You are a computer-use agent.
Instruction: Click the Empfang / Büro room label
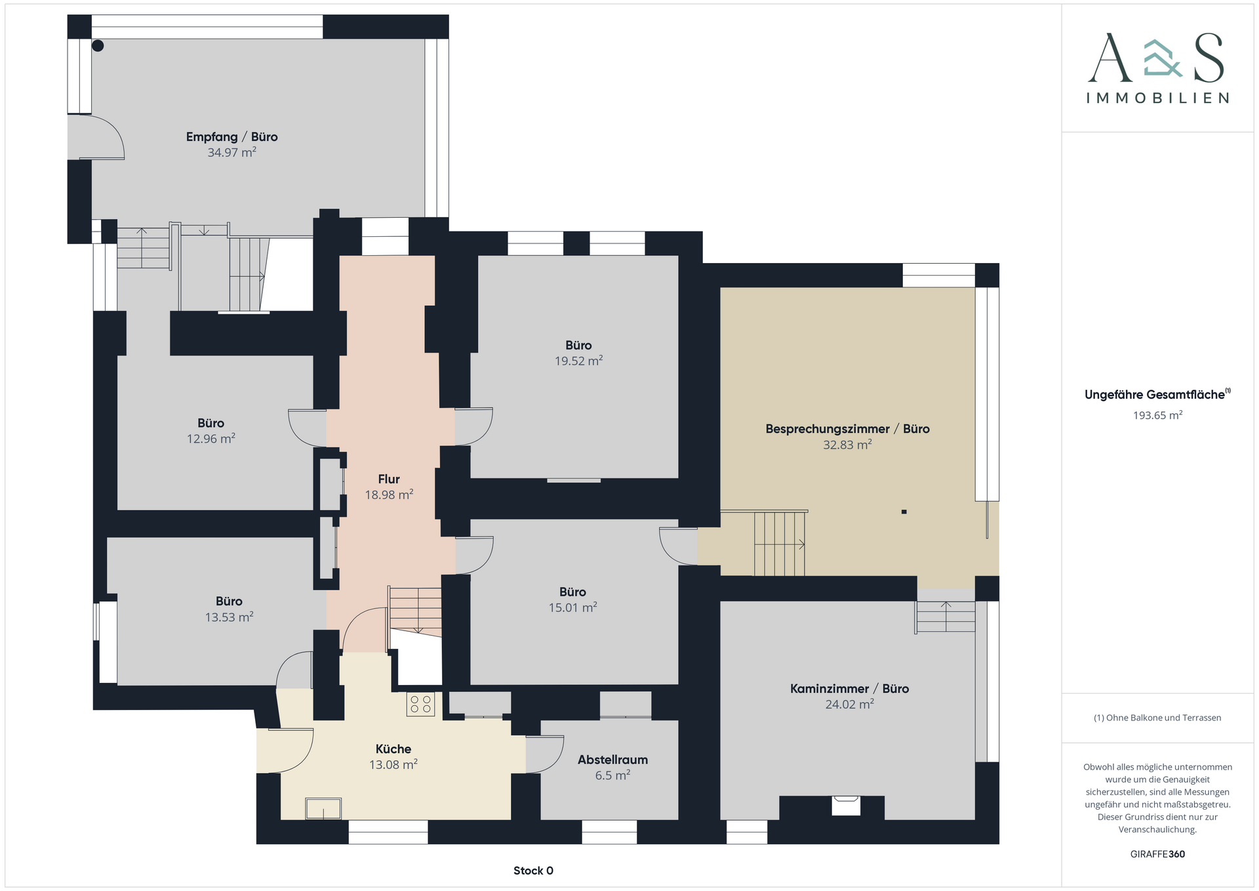pos(231,137)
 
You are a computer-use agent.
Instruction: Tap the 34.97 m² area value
pos(231,152)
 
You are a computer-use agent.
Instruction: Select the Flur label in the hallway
pos(389,479)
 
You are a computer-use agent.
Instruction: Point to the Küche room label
pos(393,749)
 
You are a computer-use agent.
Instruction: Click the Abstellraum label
pos(612,760)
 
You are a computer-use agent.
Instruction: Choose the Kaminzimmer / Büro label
pos(849,689)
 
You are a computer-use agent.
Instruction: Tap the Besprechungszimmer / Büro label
pos(847,429)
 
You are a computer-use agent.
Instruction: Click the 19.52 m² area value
pos(578,361)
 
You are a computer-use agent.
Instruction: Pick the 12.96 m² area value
pos(210,439)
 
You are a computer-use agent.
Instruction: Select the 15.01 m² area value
pos(572,608)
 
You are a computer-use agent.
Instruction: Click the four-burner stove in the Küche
pos(420,704)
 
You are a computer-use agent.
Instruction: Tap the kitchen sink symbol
pos(323,808)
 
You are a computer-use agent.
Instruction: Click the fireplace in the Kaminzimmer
pos(846,806)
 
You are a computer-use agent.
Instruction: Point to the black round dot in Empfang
pos(98,46)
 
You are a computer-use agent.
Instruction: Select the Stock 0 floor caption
pos(533,871)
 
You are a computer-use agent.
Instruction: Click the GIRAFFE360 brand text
pos(1157,854)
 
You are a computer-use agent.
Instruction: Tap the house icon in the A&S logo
pos(1162,58)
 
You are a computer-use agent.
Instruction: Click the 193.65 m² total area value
pos(1157,415)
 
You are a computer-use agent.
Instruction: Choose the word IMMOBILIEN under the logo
pos(1157,98)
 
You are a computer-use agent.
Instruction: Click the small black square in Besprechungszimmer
pos(904,512)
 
